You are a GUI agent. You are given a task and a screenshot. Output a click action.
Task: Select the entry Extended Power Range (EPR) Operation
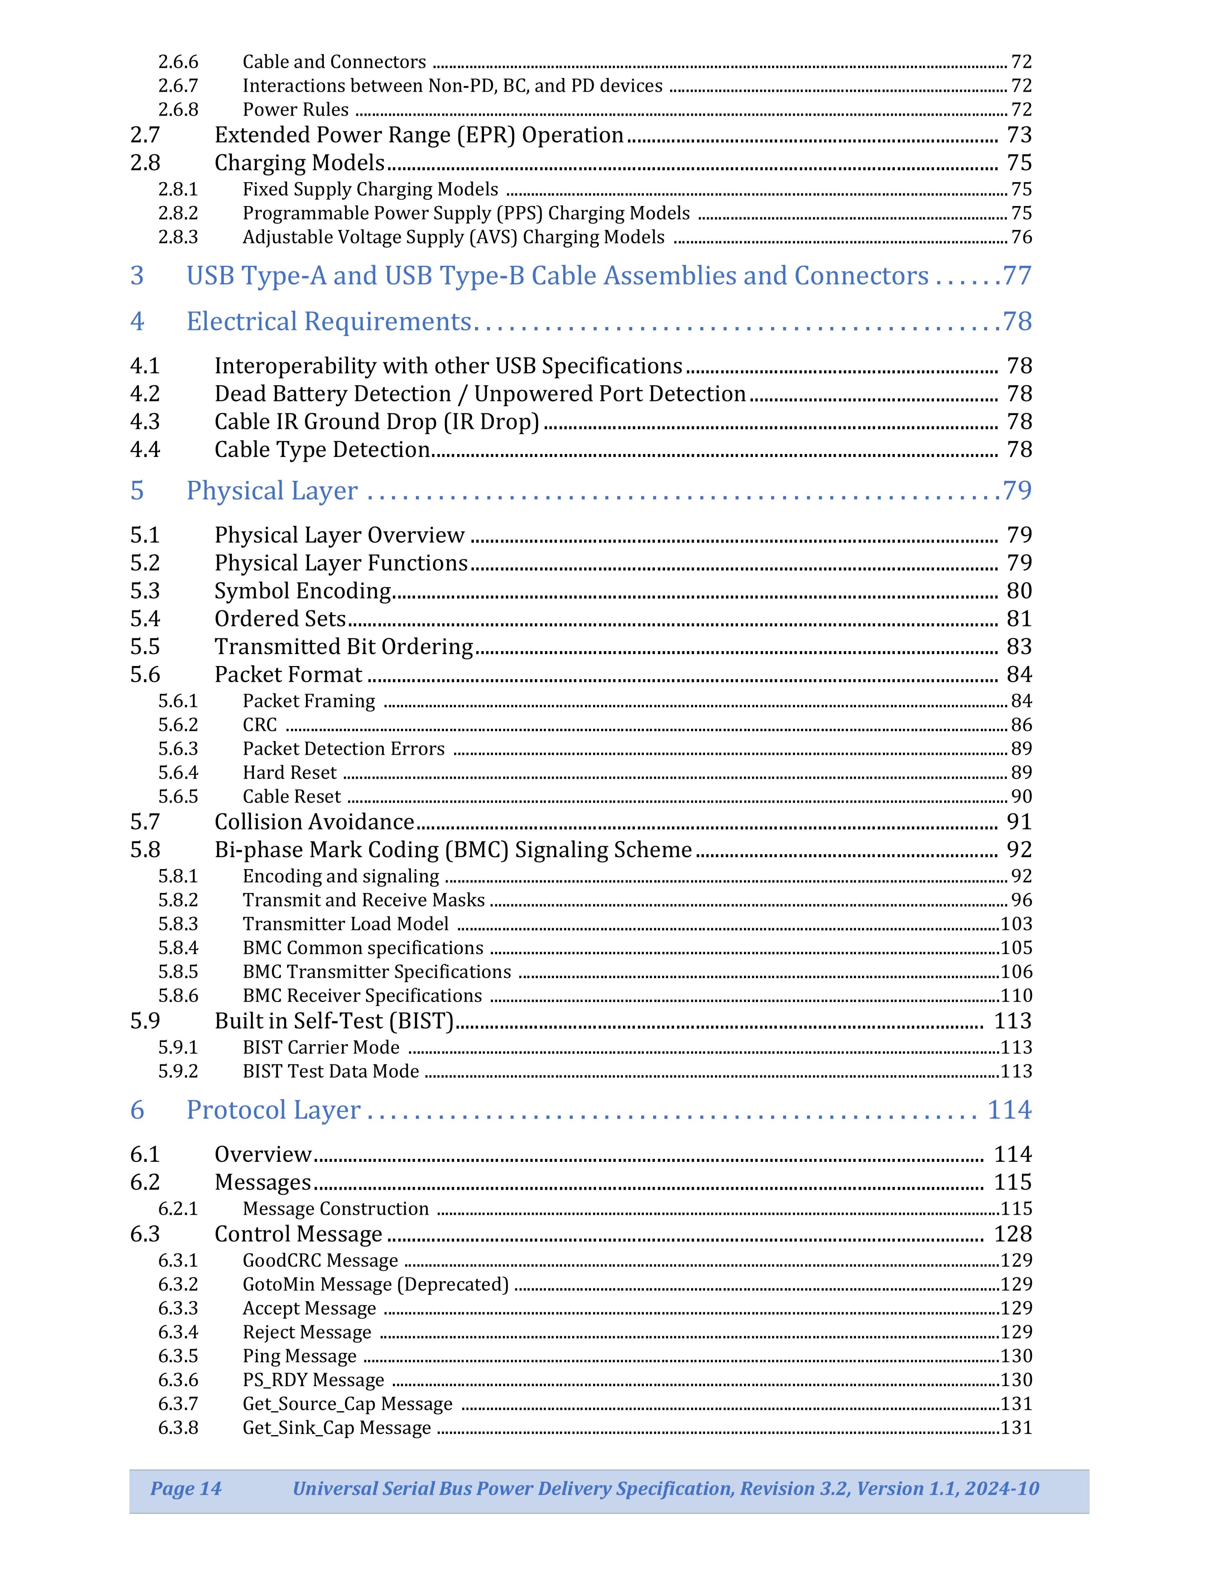coord(419,135)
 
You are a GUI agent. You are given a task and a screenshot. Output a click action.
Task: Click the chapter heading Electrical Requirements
coord(329,321)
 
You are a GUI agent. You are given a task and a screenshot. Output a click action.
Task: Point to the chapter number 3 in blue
coord(137,276)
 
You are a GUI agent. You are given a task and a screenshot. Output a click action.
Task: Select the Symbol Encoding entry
coord(303,591)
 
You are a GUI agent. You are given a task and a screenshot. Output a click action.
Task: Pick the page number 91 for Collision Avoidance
coord(1019,822)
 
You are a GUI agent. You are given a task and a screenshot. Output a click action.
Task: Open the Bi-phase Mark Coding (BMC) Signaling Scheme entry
coord(453,850)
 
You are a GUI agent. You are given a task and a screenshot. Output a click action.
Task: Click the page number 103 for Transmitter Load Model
coord(1016,924)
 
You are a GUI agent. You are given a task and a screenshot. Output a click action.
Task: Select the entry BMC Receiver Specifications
coord(362,996)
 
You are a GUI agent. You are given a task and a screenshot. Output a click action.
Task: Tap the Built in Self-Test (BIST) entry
coord(334,1021)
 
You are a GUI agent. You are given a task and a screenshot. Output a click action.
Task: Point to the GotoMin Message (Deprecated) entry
coord(375,1285)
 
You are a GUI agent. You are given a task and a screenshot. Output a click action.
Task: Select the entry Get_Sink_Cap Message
coord(336,1428)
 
